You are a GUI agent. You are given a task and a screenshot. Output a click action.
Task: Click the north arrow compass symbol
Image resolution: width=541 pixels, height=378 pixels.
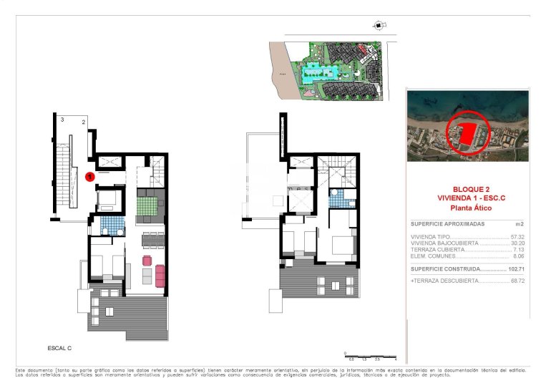click(x=377, y=26)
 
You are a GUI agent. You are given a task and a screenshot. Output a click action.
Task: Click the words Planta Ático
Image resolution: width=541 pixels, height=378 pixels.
click(x=470, y=208)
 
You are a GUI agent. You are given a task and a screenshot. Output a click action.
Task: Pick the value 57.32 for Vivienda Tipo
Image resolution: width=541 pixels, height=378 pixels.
click(x=517, y=236)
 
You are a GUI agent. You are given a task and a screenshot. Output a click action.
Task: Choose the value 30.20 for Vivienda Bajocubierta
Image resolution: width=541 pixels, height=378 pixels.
click(x=517, y=243)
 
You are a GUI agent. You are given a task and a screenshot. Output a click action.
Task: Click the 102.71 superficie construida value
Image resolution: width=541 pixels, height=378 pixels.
click(x=516, y=269)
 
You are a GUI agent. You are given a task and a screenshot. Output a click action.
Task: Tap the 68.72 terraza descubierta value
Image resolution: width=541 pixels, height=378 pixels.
click(x=517, y=281)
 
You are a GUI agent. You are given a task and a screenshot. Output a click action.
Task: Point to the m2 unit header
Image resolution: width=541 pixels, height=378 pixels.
click(x=521, y=224)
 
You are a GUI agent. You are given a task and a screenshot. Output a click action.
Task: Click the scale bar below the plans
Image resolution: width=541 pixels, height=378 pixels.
click(x=369, y=356)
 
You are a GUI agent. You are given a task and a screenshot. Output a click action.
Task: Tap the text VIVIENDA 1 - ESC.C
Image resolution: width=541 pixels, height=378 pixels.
click(x=470, y=198)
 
